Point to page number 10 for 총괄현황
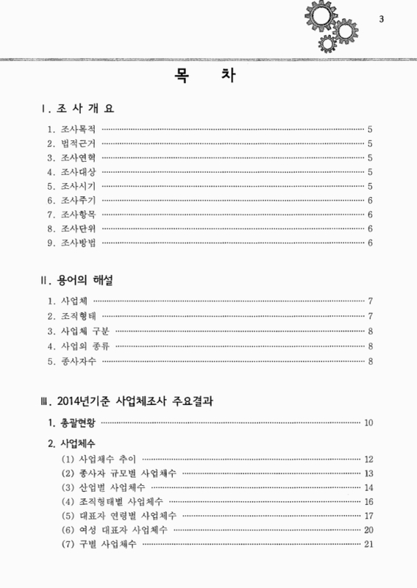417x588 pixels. [368, 423]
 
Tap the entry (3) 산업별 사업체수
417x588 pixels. [102, 487]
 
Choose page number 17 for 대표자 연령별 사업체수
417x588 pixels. [368, 515]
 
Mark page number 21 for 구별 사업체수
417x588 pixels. [368, 544]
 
